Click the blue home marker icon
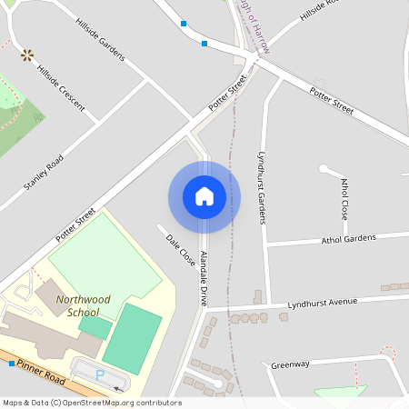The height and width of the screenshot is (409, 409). point(204,196)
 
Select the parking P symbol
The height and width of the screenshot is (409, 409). point(100,373)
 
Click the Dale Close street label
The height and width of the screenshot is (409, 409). point(181,250)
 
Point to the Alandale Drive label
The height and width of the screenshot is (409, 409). point(204,278)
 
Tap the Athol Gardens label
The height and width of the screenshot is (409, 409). point(348,239)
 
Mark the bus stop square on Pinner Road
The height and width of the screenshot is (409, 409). point(11,364)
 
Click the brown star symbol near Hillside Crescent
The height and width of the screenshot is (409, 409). point(27,55)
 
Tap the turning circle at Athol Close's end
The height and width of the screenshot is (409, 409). point(323,168)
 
